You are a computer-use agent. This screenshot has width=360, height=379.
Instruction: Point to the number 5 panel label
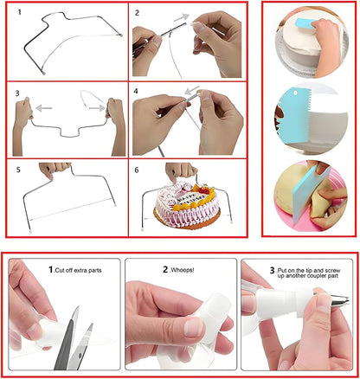[19, 170]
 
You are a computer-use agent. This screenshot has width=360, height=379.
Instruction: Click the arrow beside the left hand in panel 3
[46, 108]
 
